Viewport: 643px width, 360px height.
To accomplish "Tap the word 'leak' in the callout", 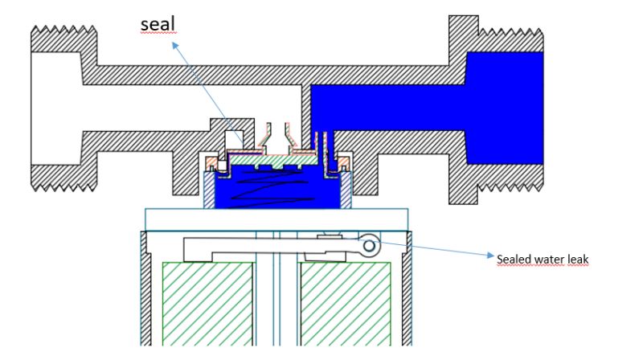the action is pos(579,258).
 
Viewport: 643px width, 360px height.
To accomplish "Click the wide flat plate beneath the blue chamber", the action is pos(277,219).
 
